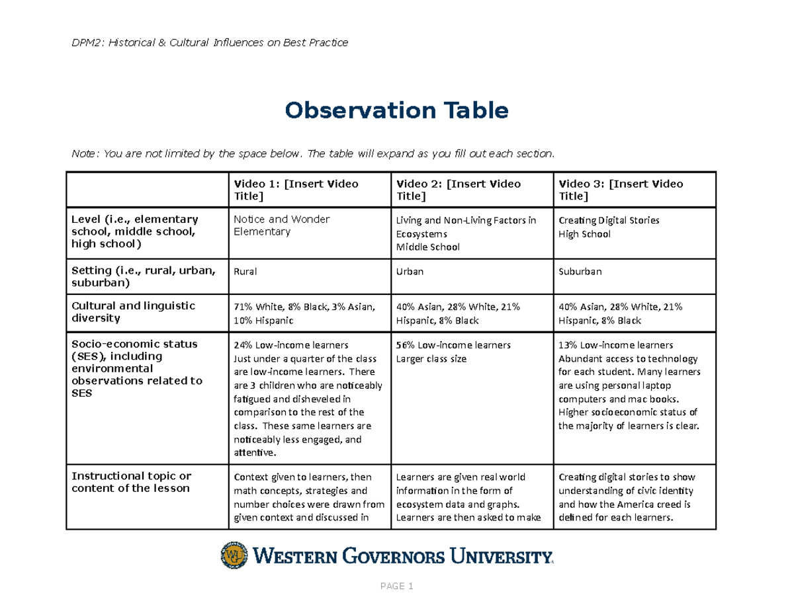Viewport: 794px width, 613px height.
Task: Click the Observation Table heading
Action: pyautogui.click(x=396, y=110)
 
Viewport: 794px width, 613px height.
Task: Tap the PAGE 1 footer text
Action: pyautogui.click(x=396, y=587)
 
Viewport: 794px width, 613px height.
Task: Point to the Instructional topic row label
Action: pyautogui.click(x=132, y=482)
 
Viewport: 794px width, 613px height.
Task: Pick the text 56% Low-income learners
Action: pyautogui.click(x=453, y=345)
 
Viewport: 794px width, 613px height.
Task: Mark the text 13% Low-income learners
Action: pyautogui.click(x=616, y=345)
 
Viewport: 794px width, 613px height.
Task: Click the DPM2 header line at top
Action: pyautogui.click(x=209, y=43)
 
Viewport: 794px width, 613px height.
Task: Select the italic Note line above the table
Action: pyautogui.click(x=312, y=154)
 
